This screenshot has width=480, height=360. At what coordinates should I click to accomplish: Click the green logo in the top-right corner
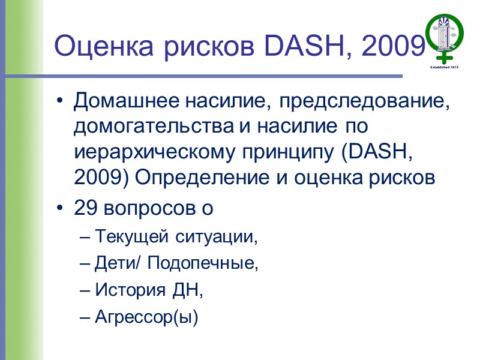coord(445,38)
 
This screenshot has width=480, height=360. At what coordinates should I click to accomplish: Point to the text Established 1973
coord(445,68)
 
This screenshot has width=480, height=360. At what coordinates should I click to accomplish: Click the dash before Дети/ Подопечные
coord(83,263)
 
